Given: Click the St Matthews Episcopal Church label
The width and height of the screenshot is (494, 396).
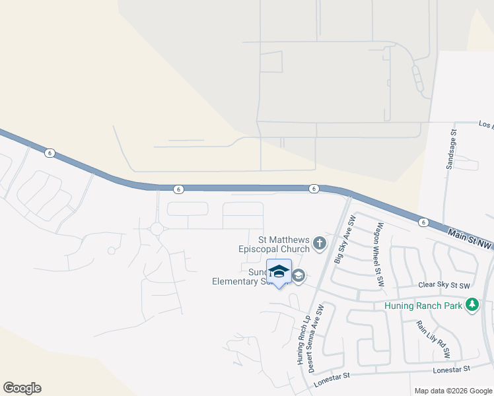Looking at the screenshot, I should [274, 244].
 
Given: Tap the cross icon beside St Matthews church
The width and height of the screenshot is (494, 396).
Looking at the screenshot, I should [320, 244].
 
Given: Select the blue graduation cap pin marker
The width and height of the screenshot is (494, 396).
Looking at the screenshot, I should [279, 272].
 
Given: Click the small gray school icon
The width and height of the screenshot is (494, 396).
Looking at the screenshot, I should [298, 276].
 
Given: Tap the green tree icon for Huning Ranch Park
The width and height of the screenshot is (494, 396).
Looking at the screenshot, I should [472, 305].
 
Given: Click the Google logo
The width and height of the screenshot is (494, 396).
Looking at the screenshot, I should [22, 388].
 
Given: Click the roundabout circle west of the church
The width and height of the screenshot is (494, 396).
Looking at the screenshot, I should [157, 228].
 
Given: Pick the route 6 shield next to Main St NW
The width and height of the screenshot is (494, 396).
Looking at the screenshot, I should [423, 222].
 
